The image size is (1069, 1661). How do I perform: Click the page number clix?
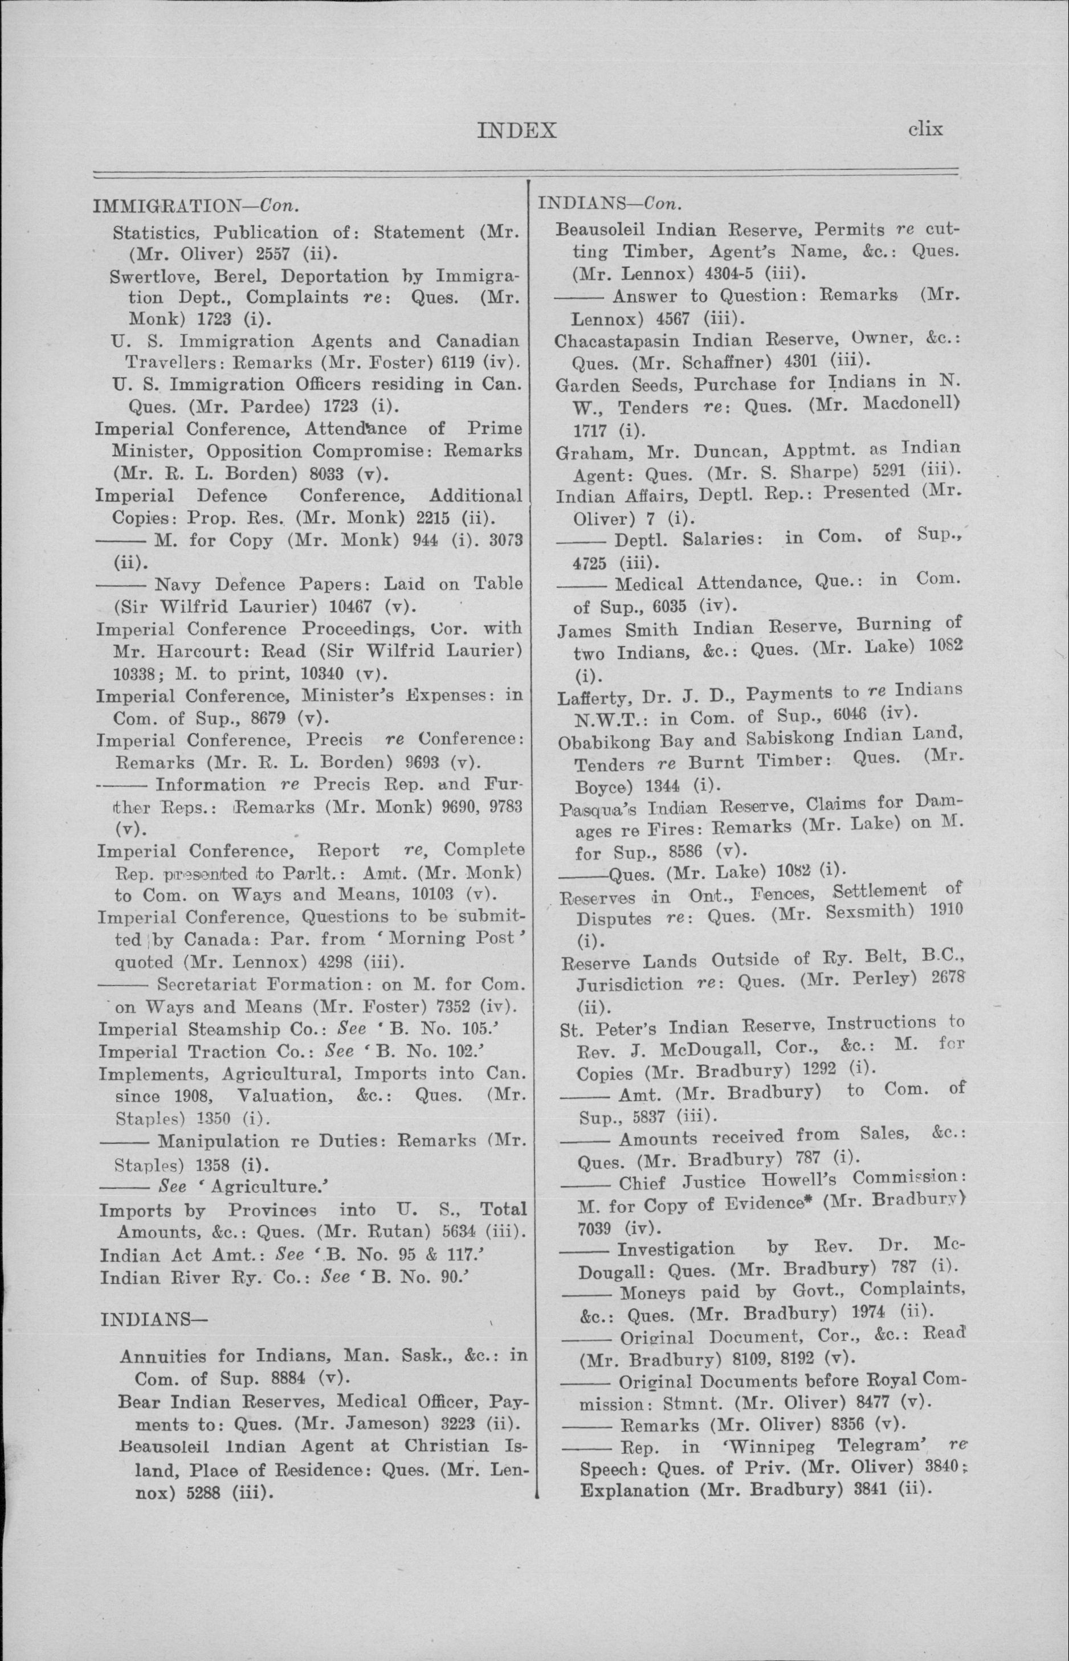(925, 129)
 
